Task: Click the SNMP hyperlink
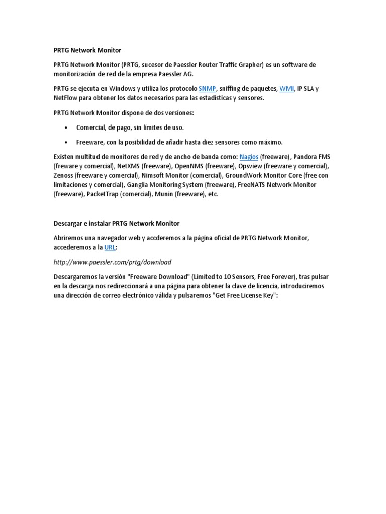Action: pyautogui.click(x=207, y=89)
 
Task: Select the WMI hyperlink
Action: pyautogui.click(x=286, y=89)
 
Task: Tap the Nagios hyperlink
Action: pyautogui.click(x=249, y=157)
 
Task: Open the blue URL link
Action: pyautogui.click(x=110, y=247)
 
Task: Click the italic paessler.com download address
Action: pyautogui.click(x=112, y=262)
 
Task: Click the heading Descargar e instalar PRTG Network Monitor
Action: pyautogui.click(x=116, y=223)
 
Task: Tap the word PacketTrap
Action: pyautogui.click(x=103, y=194)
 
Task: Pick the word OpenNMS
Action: pyautogui.click(x=189, y=166)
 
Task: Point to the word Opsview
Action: pyautogui.click(x=250, y=166)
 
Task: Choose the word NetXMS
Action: pyautogui.click(x=129, y=166)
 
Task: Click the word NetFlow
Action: pyautogui.click(x=65, y=98)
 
